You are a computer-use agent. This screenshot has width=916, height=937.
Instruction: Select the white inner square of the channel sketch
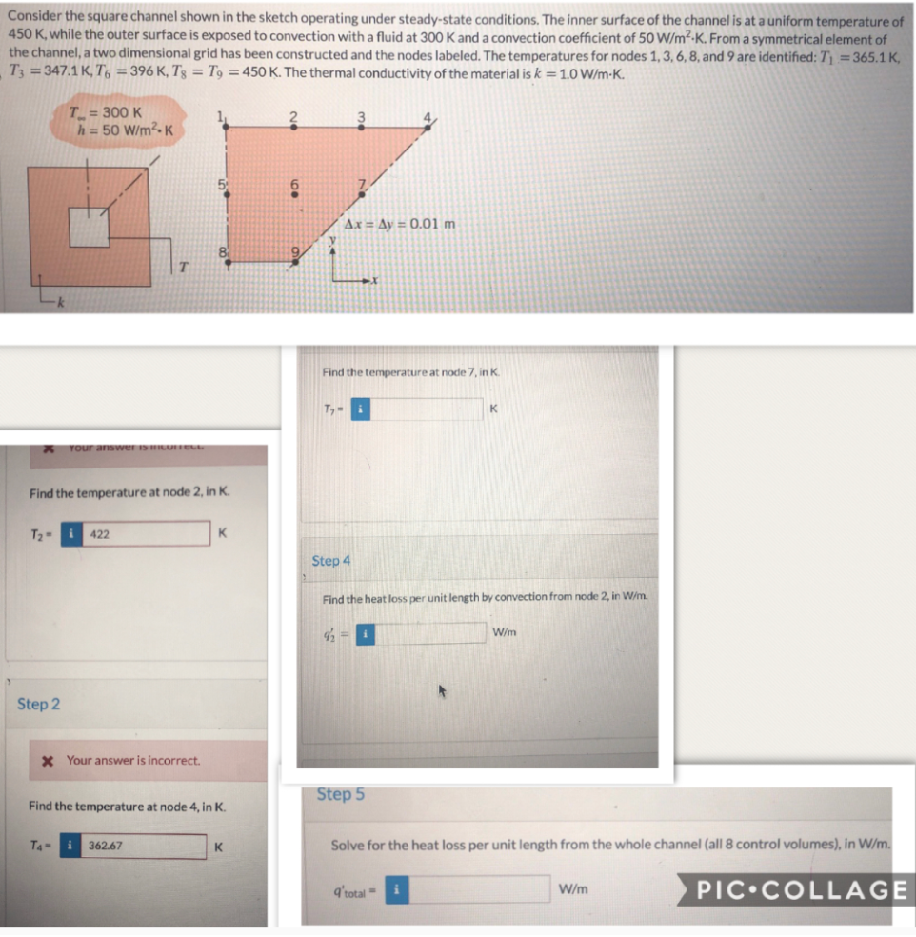92,225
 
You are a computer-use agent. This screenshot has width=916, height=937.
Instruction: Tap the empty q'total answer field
482,888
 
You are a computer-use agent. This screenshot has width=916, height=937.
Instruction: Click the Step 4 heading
331,561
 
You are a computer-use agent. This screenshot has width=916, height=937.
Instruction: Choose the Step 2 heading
38,704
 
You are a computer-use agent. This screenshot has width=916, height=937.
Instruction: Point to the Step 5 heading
340,794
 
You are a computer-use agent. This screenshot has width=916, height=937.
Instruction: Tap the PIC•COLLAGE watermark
801,890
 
